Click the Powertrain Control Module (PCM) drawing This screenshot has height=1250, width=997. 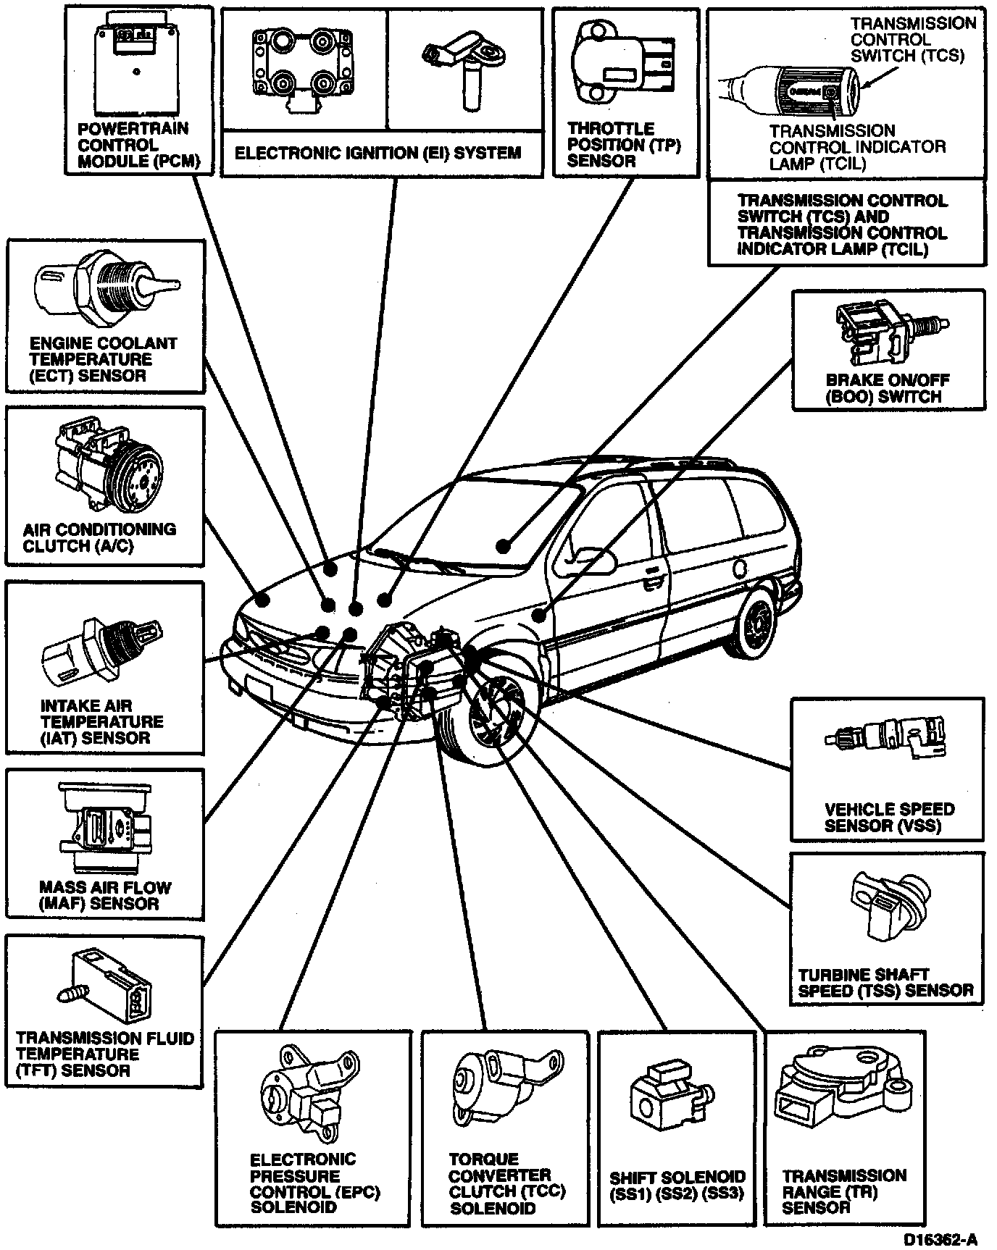pyautogui.click(x=137, y=61)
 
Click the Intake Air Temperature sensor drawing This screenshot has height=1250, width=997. pyautogui.click(x=98, y=651)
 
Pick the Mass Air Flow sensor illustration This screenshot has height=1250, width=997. pyautogui.click(x=105, y=830)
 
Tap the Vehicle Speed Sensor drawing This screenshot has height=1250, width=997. pyautogui.click(x=888, y=742)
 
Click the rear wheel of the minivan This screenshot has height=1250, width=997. pyautogui.click(x=757, y=622)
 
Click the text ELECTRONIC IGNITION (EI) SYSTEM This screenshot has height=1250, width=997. pyautogui.click(x=377, y=153)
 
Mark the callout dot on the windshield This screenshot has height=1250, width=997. pyautogui.click(x=502, y=545)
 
